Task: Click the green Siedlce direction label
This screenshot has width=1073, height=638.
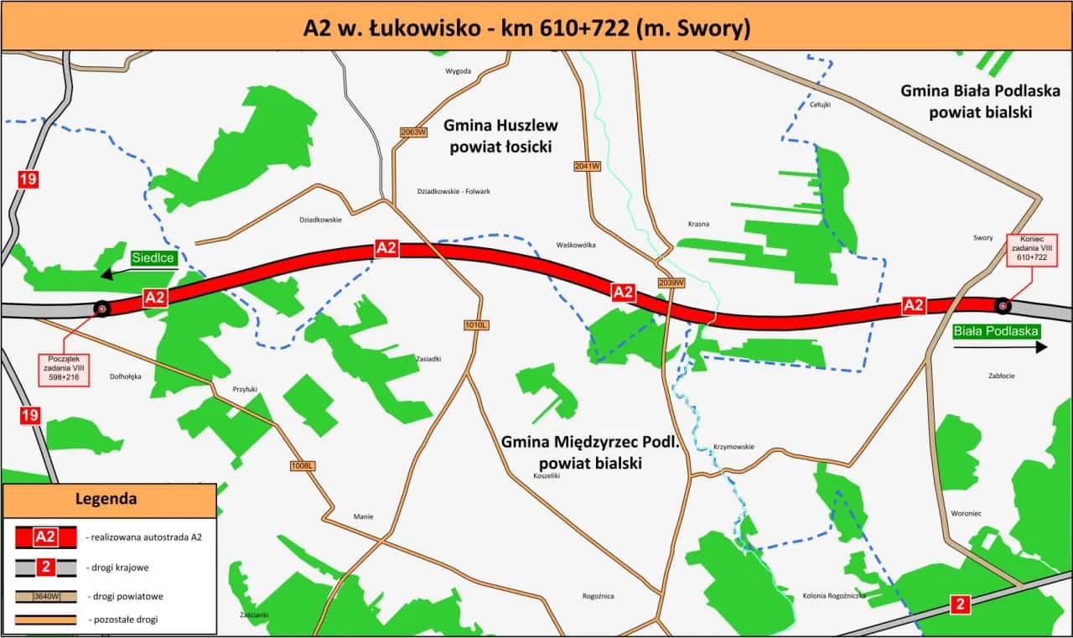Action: (153, 258)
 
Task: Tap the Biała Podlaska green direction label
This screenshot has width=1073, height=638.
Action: (996, 331)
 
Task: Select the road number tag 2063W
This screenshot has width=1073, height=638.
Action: (414, 132)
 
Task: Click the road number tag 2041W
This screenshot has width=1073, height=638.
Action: (588, 166)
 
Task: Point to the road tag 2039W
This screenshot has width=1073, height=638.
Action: (672, 282)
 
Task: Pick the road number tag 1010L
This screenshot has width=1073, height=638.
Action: (475, 324)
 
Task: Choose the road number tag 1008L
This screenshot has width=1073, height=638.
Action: (302, 465)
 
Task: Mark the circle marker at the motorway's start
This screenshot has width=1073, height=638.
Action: (101, 309)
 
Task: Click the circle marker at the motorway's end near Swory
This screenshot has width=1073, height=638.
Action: (1001, 305)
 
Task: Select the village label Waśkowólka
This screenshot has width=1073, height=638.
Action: (576, 246)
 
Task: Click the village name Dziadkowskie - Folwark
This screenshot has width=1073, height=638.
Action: (454, 191)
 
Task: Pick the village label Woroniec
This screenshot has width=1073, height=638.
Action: (966, 514)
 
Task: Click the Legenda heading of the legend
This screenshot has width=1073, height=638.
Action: (106, 499)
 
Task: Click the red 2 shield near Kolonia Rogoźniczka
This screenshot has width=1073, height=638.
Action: (962, 603)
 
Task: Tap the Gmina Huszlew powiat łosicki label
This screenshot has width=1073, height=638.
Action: (500, 136)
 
